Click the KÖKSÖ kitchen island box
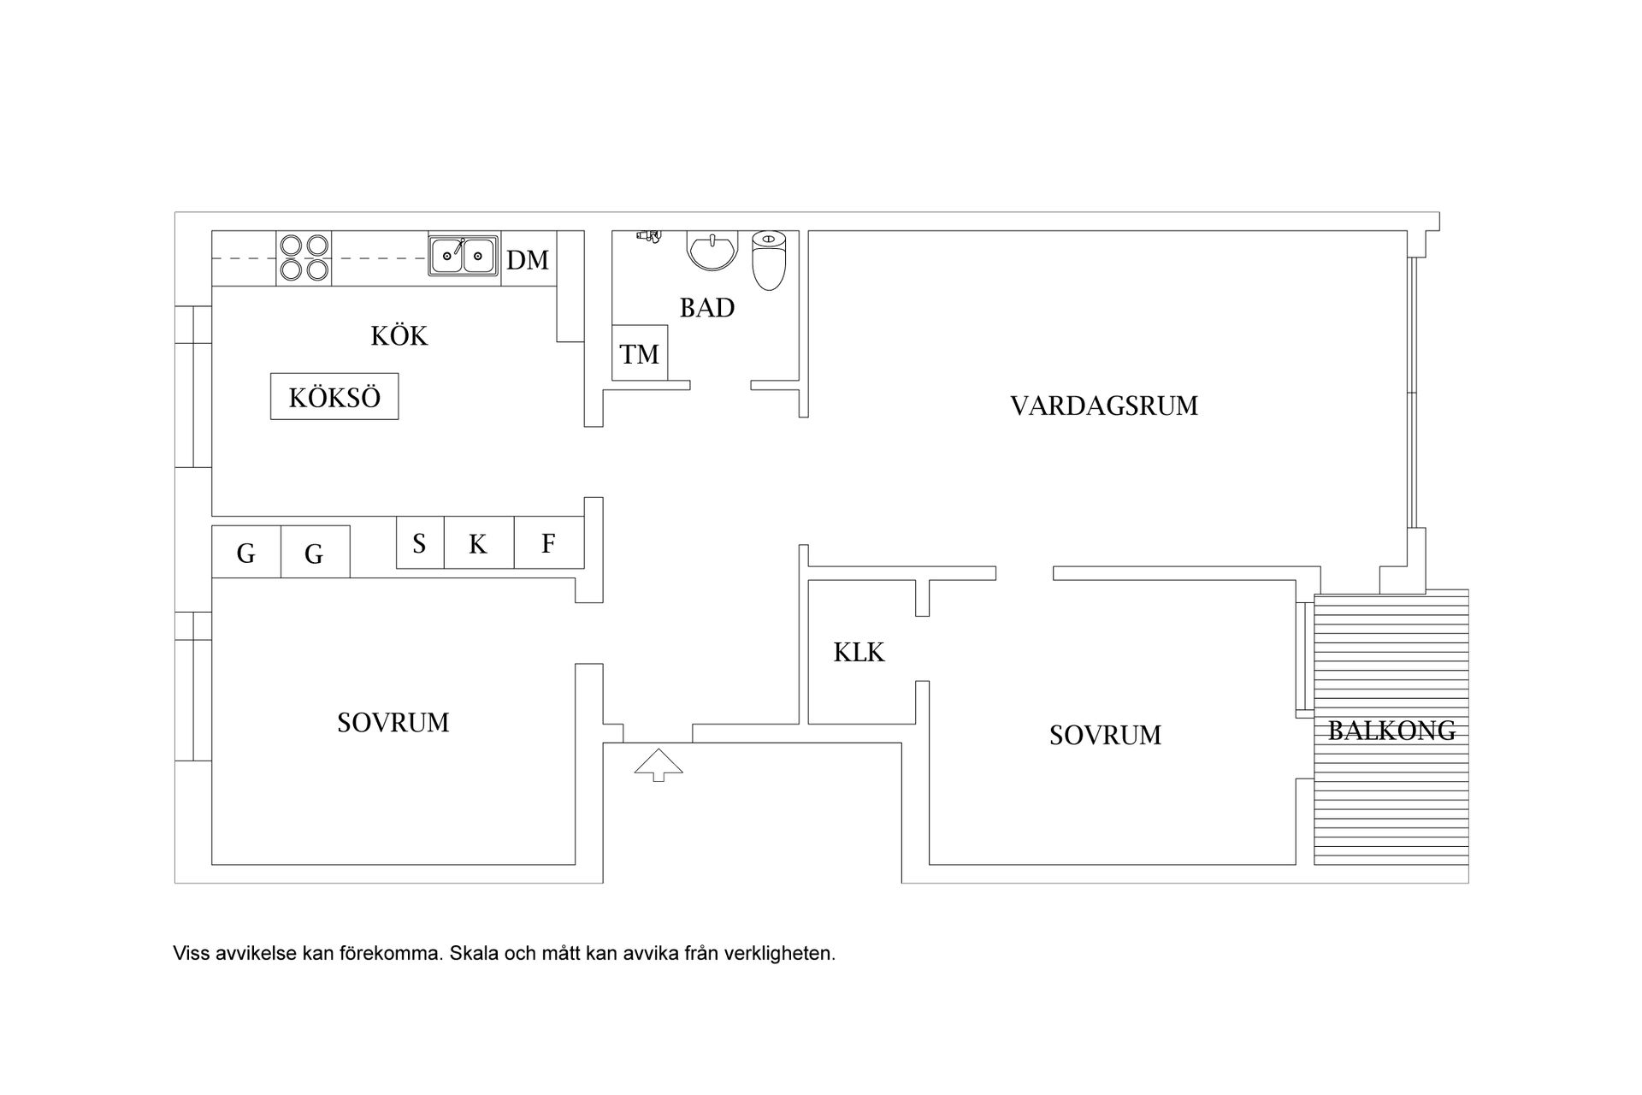tap(334, 397)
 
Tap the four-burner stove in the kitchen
tap(304, 258)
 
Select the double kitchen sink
tap(463, 256)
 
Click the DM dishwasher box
tap(528, 259)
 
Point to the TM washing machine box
tap(640, 353)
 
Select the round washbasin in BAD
tap(712, 252)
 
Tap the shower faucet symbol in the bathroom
tap(648, 235)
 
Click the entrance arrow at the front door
tap(659, 764)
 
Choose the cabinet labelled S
tap(420, 543)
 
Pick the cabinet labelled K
tap(478, 543)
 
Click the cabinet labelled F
tap(549, 543)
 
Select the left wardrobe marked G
tap(246, 553)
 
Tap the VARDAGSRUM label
tap(1104, 405)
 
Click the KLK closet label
tap(859, 653)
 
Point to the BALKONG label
tap(1391, 731)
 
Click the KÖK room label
tap(399, 335)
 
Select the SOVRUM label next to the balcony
tap(1105, 735)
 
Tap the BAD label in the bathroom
tap(707, 307)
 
